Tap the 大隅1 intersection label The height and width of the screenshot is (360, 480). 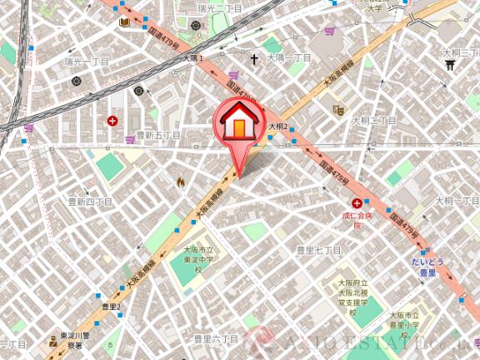tap(193, 58)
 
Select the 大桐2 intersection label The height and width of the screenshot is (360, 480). tap(277, 127)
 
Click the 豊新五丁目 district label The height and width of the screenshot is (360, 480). tap(158, 135)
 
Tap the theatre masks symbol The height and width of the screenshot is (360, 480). tap(338, 108)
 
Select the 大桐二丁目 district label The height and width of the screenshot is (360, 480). tap(373, 121)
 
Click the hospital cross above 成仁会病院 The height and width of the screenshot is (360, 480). tap(357, 203)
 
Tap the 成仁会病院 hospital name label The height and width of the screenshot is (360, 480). tap(354, 220)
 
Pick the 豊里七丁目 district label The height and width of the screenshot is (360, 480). tap(319, 249)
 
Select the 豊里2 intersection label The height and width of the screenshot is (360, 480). tap(111, 307)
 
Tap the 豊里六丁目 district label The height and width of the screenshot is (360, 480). tap(216, 339)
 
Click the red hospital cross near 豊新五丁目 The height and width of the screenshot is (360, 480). tap(112, 121)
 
